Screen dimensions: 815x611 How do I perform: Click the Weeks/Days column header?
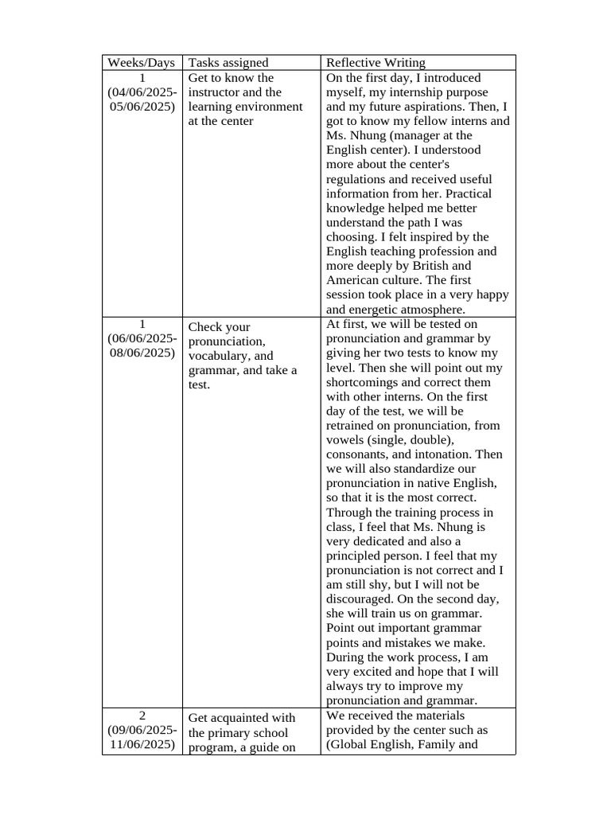coord(142,63)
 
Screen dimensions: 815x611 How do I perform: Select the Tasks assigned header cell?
coord(228,63)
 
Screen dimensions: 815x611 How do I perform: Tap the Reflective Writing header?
coord(376,63)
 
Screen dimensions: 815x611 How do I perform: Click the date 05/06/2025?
coord(143,107)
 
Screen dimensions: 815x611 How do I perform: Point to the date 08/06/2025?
coord(143,353)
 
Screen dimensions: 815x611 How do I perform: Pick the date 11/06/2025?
coord(143,744)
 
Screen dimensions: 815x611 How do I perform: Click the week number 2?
coord(142,716)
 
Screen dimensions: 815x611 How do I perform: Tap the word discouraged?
coord(362,599)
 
